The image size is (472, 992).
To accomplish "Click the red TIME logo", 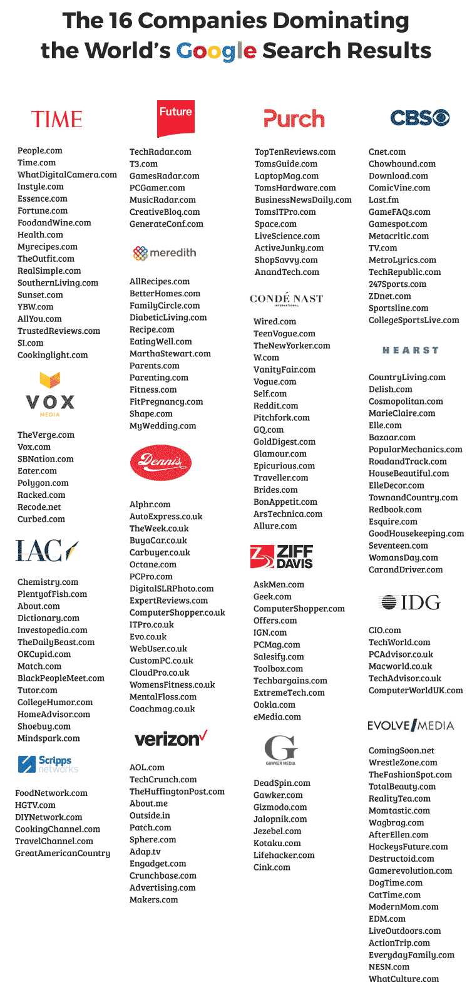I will click(x=57, y=119).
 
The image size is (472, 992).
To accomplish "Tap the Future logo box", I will click(x=176, y=118).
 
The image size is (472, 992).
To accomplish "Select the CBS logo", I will click(x=419, y=118).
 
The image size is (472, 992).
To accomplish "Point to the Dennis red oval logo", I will click(x=160, y=463).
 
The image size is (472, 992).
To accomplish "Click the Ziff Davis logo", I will click(x=282, y=556).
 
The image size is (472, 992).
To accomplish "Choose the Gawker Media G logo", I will click(x=280, y=750).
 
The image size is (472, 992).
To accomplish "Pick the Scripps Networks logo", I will click(x=48, y=764).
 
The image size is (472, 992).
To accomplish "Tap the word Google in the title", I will click(x=216, y=51).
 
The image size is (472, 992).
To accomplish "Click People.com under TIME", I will click(x=40, y=150).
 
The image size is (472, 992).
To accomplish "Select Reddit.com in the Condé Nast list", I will click(x=275, y=406).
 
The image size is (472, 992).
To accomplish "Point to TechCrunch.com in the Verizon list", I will click(x=163, y=780).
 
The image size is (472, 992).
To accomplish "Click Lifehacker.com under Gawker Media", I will click(x=284, y=855).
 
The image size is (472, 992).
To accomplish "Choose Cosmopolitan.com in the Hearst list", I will click(x=406, y=401).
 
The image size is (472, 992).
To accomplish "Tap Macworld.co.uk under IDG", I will click(x=400, y=666).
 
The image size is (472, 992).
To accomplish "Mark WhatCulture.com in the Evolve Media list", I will click(x=404, y=979).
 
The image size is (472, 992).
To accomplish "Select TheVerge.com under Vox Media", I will click(x=46, y=435).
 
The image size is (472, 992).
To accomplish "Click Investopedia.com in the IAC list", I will click(x=53, y=630).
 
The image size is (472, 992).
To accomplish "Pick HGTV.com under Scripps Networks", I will click(x=35, y=805).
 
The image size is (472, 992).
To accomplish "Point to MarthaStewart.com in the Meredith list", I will click(x=170, y=354).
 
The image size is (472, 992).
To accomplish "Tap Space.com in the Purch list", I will click(x=275, y=224).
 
